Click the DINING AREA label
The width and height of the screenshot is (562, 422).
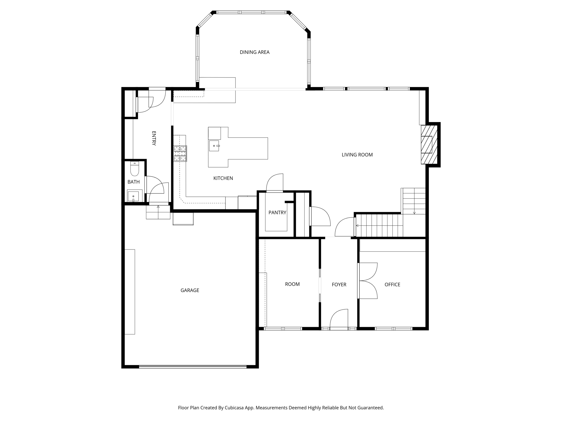pos(254,52)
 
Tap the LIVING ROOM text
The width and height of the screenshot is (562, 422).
pos(357,155)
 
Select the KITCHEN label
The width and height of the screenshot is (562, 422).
pos(223,178)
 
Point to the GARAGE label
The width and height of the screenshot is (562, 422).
pos(190,290)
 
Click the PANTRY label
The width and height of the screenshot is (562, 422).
pos(277,212)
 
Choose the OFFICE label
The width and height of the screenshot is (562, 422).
pos(392,285)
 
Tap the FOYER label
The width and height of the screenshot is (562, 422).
pos(339,285)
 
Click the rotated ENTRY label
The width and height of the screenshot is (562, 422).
pos(154,138)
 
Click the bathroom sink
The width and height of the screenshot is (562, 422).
pos(133,196)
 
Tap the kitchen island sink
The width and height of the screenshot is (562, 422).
pos(214,146)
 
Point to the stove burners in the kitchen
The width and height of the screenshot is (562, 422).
pos(180,154)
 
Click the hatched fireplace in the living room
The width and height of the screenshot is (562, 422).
pos(429,145)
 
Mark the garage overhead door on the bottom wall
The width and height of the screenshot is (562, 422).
pos(193,366)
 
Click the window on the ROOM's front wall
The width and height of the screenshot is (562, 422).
pos(283,328)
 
